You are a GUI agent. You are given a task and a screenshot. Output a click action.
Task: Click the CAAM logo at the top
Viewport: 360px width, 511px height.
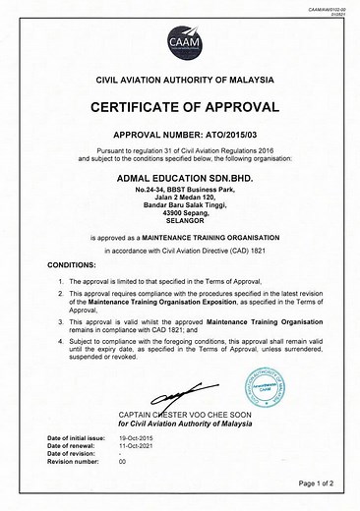coord(180,40)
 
